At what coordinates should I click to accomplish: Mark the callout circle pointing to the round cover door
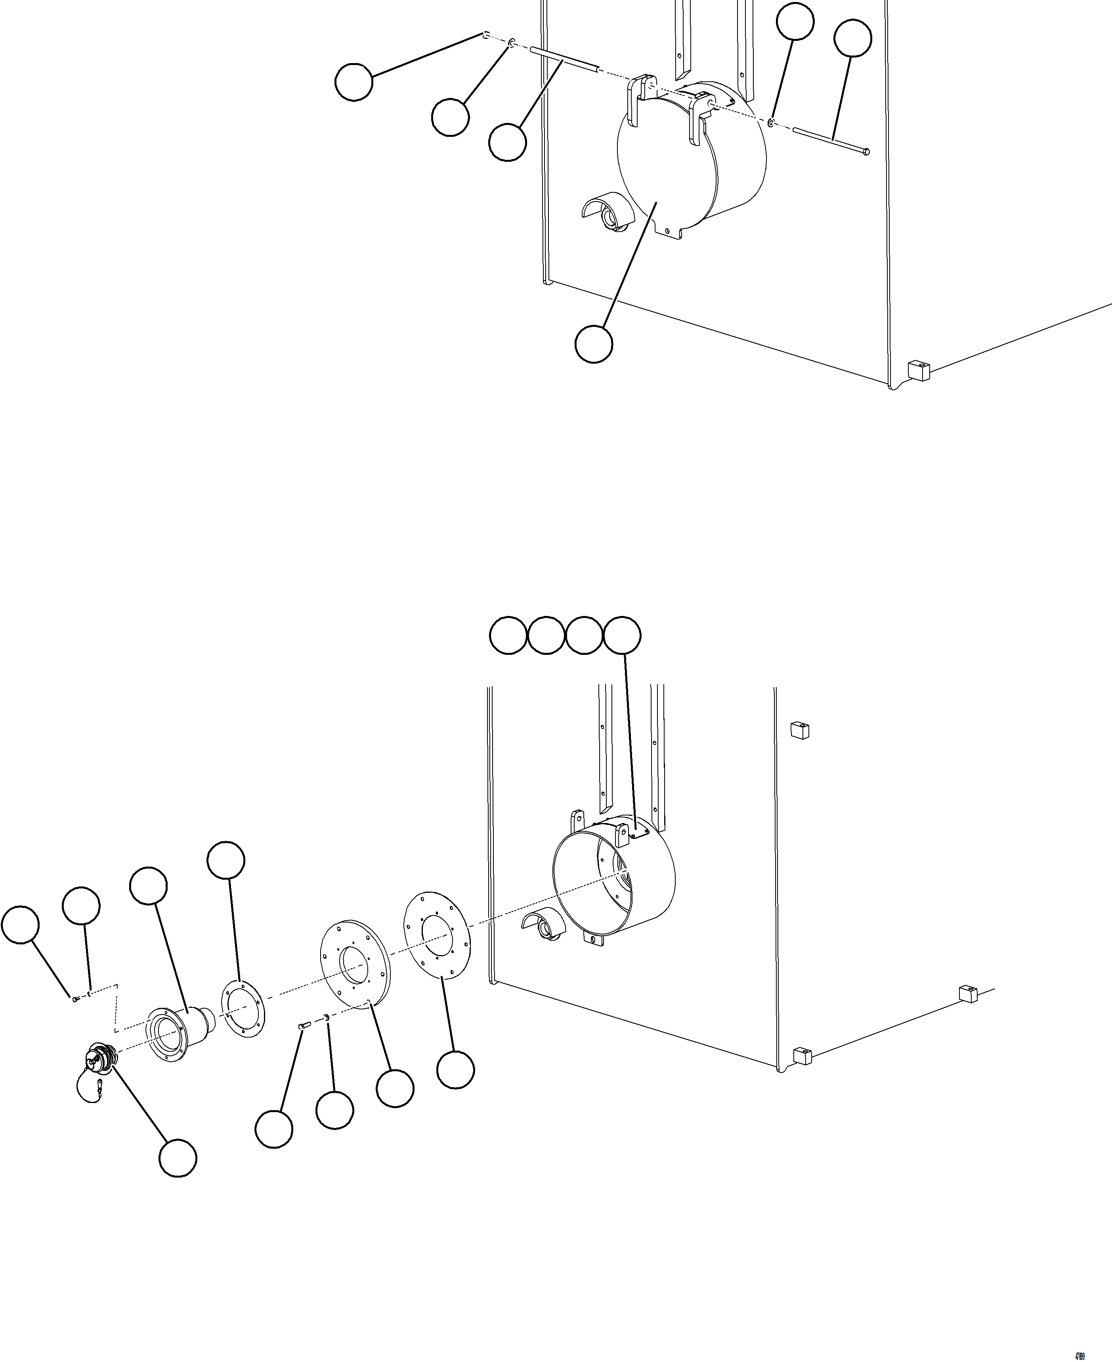(594, 344)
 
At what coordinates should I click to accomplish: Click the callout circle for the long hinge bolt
(852, 38)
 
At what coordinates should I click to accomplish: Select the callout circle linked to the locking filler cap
(178, 1157)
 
